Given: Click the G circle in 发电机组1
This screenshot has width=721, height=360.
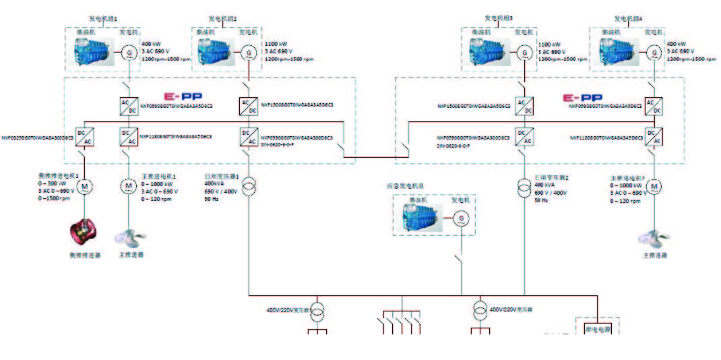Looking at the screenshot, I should pyautogui.click(x=128, y=52).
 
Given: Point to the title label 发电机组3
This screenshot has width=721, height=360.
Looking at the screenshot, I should pyautogui.click(x=499, y=18).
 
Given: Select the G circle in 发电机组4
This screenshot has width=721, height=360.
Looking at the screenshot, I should pyautogui.click(x=653, y=52).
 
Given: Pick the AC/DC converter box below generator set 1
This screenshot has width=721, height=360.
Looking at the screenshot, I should pyautogui.click(x=128, y=106).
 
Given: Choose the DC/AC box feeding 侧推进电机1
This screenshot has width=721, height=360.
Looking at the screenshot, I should pyautogui.click(x=84, y=136).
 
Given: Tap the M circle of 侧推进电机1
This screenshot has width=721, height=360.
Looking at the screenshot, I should pyautogui.click(x=84, y=185).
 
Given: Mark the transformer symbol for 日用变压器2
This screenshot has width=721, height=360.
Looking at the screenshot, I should pyautogui.click(x=524, y=185).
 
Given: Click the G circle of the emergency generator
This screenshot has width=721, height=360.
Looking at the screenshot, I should pyautogui.click(x=462, y=218).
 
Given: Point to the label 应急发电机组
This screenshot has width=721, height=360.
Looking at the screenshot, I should pyautogui.click(x=405, y=185).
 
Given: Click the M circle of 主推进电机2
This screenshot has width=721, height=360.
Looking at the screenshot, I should pyautogui.click(x=653, y=185).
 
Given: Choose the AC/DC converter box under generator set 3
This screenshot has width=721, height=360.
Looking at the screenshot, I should pyautogui.click(x=524, y=106).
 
